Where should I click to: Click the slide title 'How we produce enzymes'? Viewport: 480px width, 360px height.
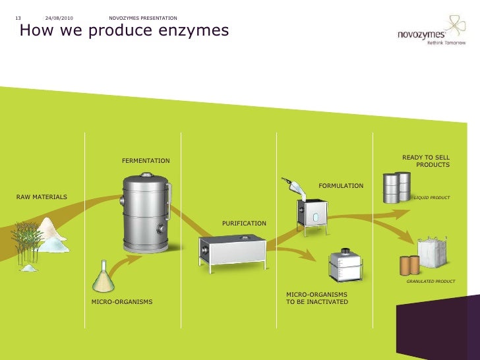(125, 31)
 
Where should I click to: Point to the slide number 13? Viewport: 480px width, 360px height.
(18, 17)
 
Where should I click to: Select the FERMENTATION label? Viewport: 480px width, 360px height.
(146, 161)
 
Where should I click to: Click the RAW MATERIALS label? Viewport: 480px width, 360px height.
(41, 197)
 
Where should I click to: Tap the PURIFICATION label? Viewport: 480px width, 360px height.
(244, 224)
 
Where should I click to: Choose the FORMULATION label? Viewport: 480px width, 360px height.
(341, 186)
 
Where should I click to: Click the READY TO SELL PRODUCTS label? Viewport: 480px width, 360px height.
(427, 161)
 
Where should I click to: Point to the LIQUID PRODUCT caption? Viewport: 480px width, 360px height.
(431, 197)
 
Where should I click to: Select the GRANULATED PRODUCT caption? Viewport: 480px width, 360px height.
(431, 282)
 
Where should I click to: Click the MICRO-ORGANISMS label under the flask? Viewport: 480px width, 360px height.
(121, 302)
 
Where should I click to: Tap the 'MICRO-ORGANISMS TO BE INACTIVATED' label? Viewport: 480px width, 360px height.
(316, 298)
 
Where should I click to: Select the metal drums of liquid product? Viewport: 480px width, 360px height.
(397, 187)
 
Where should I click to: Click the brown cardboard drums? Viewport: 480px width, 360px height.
(409, 264)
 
